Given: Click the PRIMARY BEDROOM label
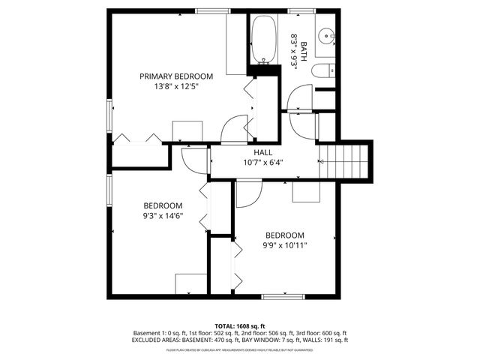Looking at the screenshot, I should [x=176, y=76].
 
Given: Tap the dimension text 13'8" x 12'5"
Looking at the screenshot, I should [x=176, y=86].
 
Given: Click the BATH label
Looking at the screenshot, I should [x=304, y=49].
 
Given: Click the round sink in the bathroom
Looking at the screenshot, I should [x=327, y=36].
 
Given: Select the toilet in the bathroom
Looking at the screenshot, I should [x=322, y=71].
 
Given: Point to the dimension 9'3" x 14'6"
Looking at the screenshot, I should [x=163, y=216].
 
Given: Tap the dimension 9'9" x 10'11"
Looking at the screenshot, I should [x=284, y=244].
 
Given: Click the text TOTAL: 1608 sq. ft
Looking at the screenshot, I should [x=240, y=326].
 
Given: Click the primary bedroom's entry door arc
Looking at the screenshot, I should [x=235, y=129].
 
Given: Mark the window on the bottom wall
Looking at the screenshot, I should [x=282, y=297].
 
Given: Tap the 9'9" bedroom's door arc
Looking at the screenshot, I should [x=247, y=193].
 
